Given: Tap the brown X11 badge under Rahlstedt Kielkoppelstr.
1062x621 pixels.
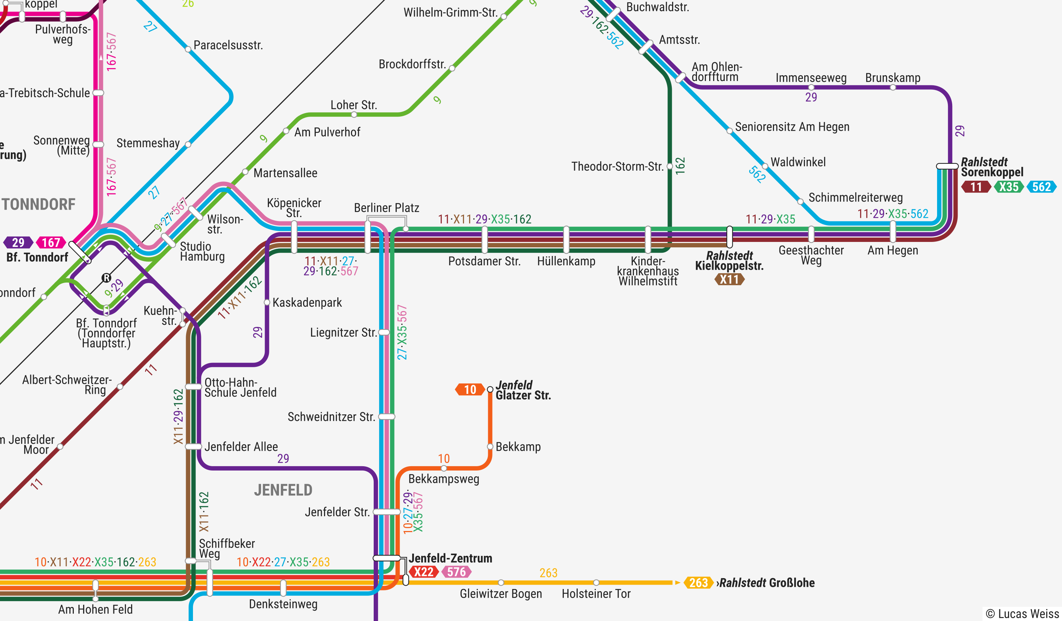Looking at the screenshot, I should pos(729,279).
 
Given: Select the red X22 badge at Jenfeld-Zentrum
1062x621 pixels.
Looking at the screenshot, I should pos(423,572).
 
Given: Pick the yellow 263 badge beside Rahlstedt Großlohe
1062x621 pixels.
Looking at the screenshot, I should pos(698,583).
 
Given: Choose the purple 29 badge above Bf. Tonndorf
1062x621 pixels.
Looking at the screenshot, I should pos(18,243).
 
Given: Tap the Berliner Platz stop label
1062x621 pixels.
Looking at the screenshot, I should pos(386,208).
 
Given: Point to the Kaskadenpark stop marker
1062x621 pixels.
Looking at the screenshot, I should pos(267,302).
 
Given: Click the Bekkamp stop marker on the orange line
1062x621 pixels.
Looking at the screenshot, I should pos(490,447).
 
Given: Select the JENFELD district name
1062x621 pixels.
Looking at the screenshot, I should pos(283,490).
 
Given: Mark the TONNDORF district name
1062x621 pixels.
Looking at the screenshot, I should pos(39,204).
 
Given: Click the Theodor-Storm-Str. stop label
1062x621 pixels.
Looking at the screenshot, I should pos(617,166).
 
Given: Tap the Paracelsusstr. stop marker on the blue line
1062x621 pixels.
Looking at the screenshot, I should pos(188,49).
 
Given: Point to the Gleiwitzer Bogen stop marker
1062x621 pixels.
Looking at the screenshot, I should pos(501,583).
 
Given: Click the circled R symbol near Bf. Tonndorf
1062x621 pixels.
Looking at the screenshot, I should pos(106,278).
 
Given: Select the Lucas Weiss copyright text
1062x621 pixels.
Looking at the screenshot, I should pos(1022,613).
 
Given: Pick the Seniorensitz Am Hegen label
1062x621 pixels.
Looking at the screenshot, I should pos(792,127).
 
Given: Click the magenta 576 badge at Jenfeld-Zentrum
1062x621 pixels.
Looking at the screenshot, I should pos(456,572).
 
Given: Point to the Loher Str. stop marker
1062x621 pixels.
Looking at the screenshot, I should pos(354,114).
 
